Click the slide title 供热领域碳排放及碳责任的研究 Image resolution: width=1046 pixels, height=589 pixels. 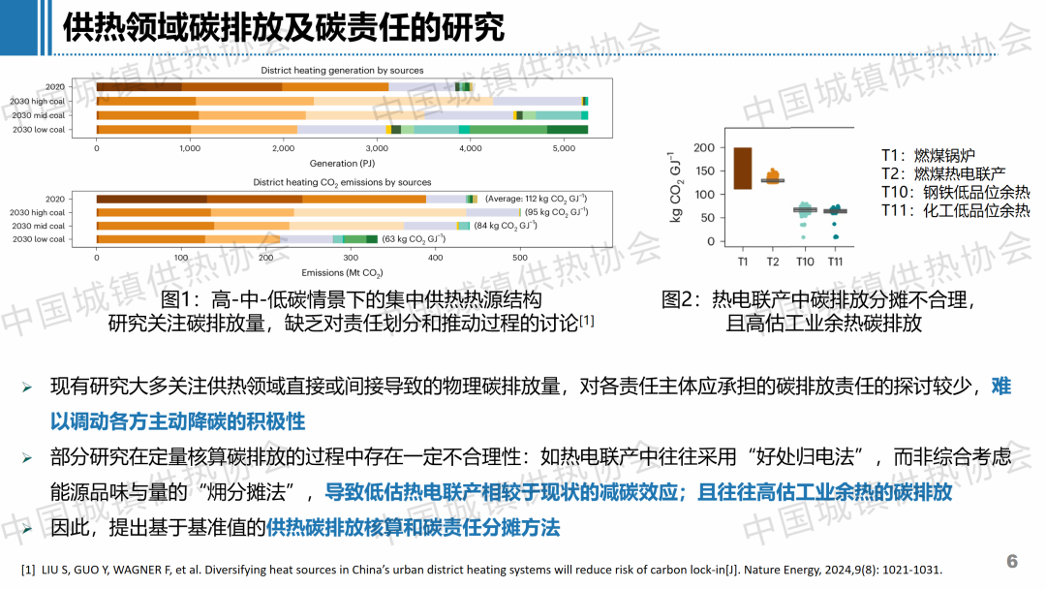click(x=283, y=27)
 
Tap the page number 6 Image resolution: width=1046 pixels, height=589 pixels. click(x=1012, y=562)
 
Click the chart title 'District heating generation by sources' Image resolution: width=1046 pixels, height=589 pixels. click(x=342, y=71)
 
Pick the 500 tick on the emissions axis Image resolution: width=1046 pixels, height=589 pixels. click(x=520, y=259)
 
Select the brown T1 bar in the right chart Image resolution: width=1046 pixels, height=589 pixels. click(x=743, y=168)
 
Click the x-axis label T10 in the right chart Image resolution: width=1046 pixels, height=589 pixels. click(x=805, y=262)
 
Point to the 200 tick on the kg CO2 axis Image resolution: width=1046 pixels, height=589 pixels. click(x=704, y=148)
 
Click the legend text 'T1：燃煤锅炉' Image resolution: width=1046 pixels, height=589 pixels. click(x=928, y=155)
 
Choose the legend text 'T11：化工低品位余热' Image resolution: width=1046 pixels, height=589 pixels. click(x=955, y=210)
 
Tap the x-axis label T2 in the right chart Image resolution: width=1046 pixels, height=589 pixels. click(x=773, y=262)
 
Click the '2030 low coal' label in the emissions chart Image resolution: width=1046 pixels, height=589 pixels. click(x=40, y=239)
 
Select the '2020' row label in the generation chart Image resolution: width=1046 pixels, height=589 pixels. click(x=55, y=87)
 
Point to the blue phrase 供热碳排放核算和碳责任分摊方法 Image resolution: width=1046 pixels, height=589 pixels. click(x=414, y=528)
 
